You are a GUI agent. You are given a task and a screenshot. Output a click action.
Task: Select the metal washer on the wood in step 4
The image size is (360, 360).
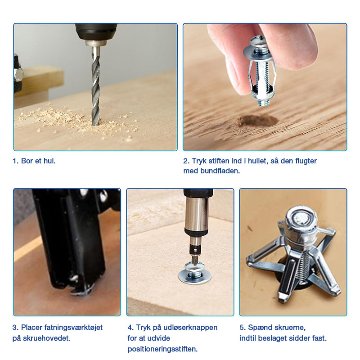coord(195,275)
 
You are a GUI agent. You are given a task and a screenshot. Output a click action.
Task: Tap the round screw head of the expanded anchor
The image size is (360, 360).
coord(301,220)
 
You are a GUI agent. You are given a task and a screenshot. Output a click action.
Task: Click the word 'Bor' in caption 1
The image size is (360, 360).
coord(27,161)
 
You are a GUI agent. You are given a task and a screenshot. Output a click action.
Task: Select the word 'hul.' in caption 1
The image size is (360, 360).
coord(49,161)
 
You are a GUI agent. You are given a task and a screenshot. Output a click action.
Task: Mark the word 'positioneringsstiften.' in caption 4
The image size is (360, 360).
coord(162,349)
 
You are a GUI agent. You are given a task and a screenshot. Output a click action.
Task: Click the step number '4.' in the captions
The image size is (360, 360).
coord(130,328)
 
